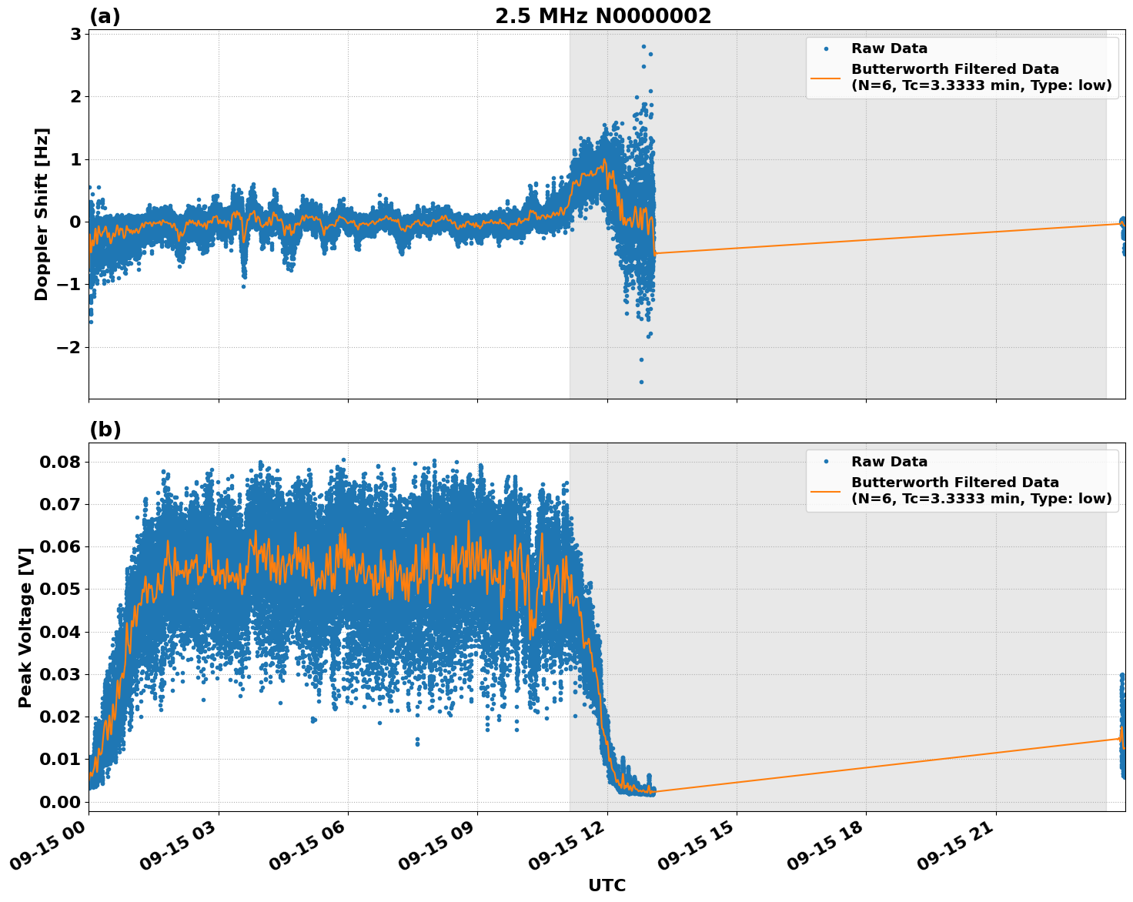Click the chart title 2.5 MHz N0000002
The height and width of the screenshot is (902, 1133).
click(x=603, y=16)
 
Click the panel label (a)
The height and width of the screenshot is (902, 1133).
click(x=105, y=16)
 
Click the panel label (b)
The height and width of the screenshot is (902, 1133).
click(x=105, y=429)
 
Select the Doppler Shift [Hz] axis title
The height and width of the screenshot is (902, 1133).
click(x=42, y=214)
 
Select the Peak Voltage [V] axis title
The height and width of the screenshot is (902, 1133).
click(x=25, y=627)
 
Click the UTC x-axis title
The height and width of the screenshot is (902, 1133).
click(x=607, y=885)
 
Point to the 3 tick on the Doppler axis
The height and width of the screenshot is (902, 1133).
click(x=75, y=34)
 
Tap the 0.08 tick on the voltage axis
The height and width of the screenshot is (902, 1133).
click(x=60, y=462)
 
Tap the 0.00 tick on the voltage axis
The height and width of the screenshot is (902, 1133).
click(x=60, y=801)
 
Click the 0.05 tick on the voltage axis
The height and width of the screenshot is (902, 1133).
click(x=60, y=590)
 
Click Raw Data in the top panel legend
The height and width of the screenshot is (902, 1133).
click(x=889, y=48)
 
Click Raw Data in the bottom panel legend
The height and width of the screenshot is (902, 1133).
click(x=889, y=462)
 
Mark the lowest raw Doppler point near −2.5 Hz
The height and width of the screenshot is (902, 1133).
click(x=641, y=382)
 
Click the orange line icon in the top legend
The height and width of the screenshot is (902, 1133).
click(x=826, y=78)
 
